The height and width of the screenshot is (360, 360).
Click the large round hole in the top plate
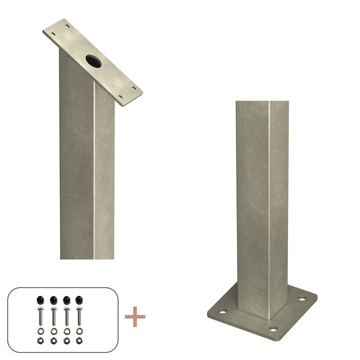click(x=94, y=60)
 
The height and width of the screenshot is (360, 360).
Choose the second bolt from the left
click(x=52, y=316)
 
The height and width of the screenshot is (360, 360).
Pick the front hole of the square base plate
click(x=273, y=329)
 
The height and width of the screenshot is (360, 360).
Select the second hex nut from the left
click(x=52, y=340)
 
